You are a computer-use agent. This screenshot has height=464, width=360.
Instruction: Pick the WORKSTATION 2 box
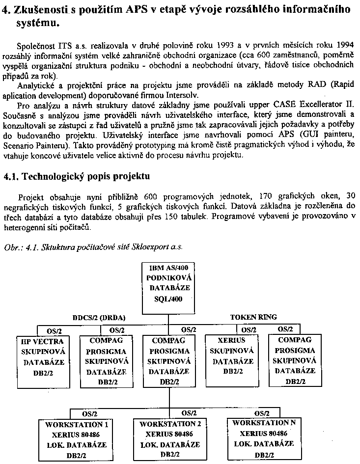point(170,439)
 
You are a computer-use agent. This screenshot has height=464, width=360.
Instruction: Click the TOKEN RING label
point(253,317)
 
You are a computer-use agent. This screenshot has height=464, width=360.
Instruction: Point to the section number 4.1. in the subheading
point(11,176)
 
